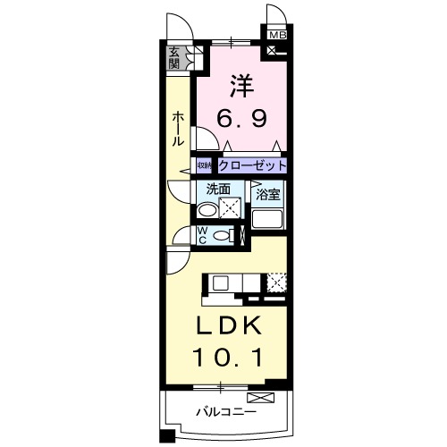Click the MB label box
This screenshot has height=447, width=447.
[276, 35]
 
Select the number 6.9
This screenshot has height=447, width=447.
[240, 118]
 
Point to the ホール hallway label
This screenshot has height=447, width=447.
[180, 129]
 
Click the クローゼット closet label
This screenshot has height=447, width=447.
[253, 165]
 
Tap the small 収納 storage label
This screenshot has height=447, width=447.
[205, 166]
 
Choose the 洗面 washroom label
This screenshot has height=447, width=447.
[219, 189]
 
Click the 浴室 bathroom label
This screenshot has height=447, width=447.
[268, 193]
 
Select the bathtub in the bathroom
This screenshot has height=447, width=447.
[268, 217]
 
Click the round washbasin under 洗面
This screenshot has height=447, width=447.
[207, 211]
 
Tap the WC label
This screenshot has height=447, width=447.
[202, 236]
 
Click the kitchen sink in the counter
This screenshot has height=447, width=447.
[222, 283]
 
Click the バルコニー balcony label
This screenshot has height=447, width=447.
[227, 413]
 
